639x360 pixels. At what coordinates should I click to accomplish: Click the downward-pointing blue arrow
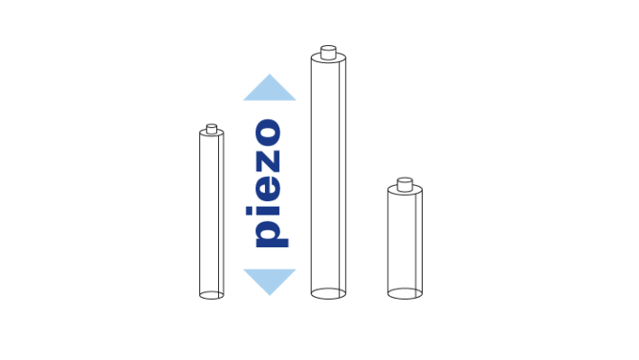269,279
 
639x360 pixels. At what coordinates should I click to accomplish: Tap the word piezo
268,182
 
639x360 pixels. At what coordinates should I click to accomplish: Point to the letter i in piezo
268,209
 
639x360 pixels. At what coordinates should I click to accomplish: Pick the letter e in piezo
268,185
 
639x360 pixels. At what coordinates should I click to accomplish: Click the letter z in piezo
268,158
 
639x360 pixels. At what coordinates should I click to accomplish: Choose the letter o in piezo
268,133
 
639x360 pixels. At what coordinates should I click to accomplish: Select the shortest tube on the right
404,240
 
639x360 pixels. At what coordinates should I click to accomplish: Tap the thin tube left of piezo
211,211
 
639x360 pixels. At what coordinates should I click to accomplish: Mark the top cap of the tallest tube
328,54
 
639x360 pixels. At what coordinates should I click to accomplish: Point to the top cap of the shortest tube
404,184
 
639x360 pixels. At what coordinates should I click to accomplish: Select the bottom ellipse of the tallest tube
328,292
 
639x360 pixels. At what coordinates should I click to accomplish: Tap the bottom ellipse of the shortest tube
404,293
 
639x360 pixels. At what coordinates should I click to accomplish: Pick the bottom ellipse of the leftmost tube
211,294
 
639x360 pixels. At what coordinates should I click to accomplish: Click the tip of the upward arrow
269,74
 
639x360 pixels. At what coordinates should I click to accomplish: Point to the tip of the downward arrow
269,295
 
